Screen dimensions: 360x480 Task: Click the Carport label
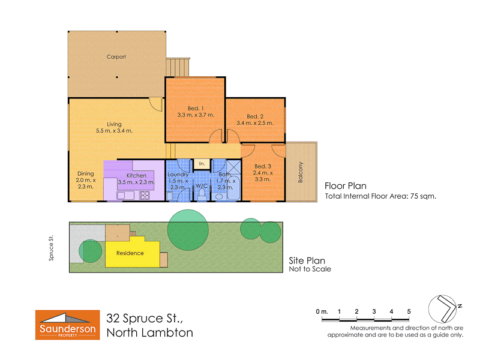point(116,57)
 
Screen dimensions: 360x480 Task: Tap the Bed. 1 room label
point(196,108)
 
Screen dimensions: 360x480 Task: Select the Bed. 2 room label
point(256,116)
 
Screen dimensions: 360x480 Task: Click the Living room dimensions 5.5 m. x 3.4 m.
point(114,131)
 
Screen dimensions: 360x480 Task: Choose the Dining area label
point(85,174)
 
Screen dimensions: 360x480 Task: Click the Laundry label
point(178,175)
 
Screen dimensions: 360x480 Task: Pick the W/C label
point(201,187)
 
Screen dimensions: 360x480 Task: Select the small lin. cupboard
point(202,163)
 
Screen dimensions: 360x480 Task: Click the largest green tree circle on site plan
point(188,228)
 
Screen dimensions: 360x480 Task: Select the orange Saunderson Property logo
point(67,325)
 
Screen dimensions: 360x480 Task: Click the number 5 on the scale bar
point(409,311)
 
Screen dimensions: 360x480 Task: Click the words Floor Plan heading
point(345,186)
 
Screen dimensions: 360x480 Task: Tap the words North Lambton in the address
point(149,332)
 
